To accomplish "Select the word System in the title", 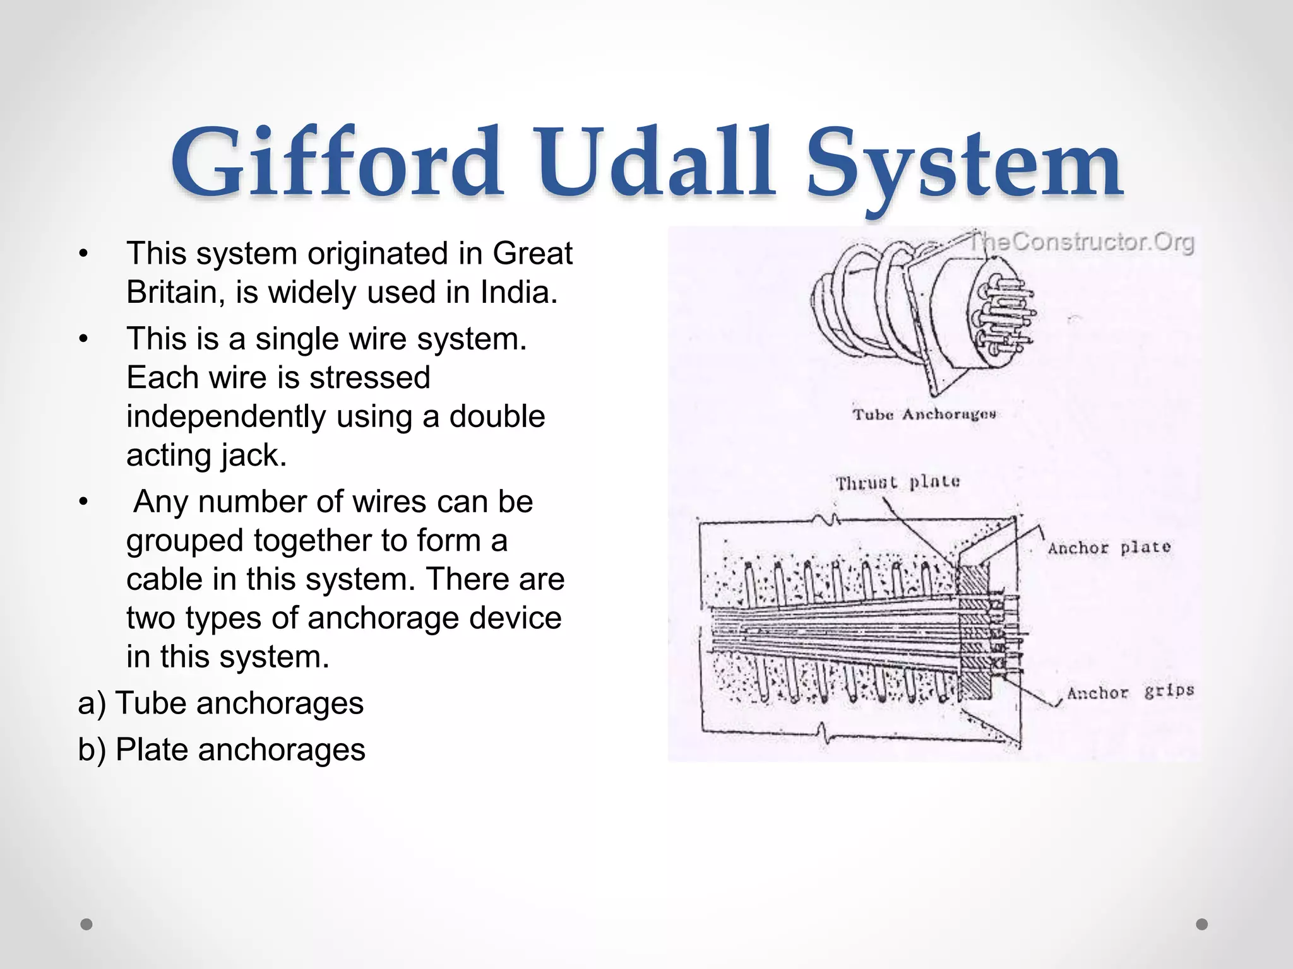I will click(x=964, y=165).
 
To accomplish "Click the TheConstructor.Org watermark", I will click(x=1081, y=242).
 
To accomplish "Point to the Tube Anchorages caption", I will click(x=924, y=414).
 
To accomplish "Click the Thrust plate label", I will click(x=897, y=483).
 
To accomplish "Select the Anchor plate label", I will click(x=1109, y=548).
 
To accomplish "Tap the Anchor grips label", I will click(x=1130, y=692).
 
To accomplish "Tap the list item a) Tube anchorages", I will click(x=221, y=703).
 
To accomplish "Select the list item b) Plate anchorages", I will click(x=222, y=750).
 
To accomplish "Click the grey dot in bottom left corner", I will click(x=86, y=924).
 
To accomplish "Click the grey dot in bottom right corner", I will click(x=1202, y=924).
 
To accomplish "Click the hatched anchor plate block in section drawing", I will click(x=973, y=631).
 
